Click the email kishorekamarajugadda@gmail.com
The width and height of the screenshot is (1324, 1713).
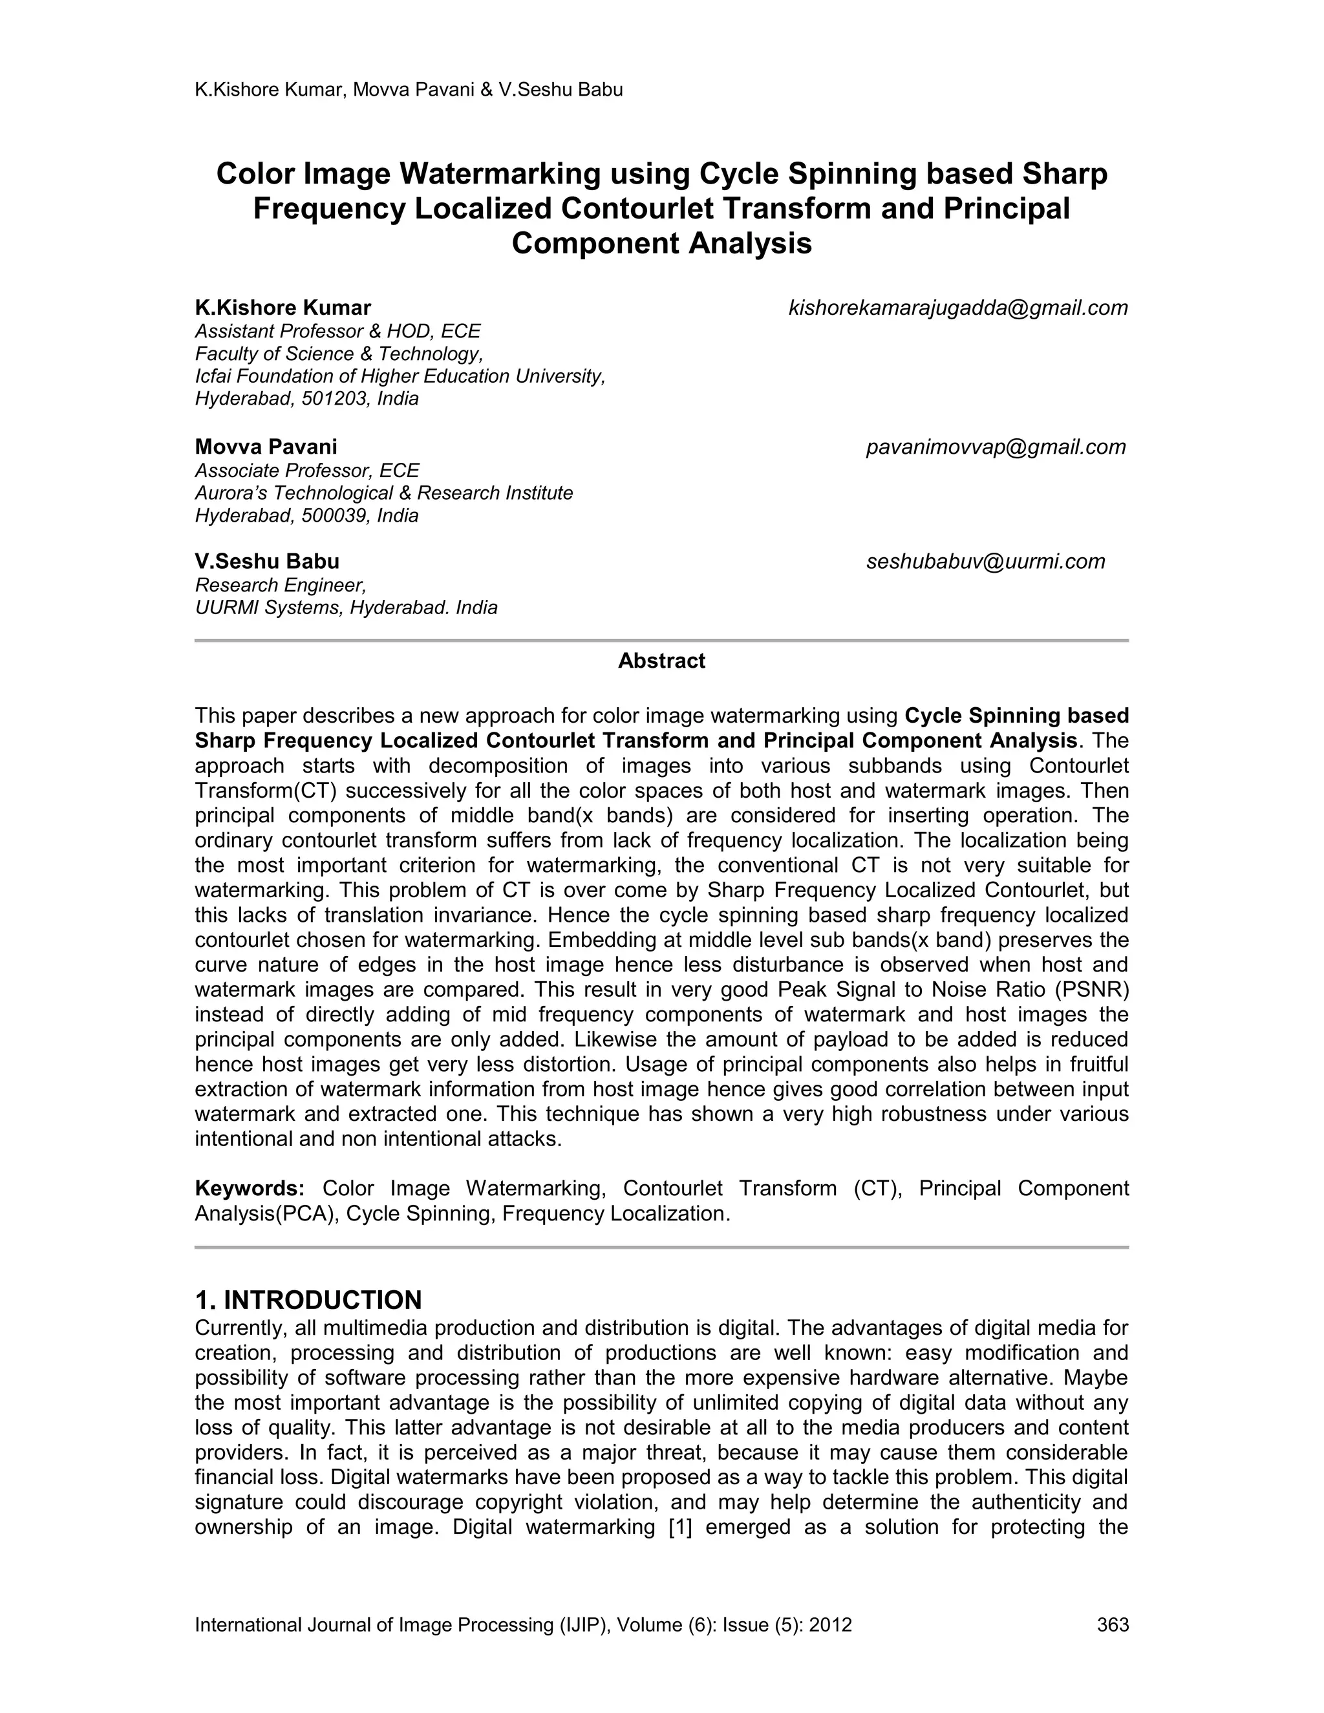point(957,308)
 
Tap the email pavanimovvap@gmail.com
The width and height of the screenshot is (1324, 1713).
point(996,447)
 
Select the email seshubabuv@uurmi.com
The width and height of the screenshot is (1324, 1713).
point(985,562)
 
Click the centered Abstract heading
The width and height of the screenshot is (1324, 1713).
point(661,661)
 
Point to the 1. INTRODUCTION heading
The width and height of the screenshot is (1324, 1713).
point(308,1301)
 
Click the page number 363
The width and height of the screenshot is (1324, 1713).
point(1112,1624)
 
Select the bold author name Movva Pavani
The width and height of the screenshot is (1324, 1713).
point(266,447)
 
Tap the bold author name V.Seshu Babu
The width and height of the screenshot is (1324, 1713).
point(267,562)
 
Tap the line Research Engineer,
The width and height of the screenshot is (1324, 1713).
point(281,585)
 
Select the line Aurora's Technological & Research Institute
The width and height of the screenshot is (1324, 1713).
point(383,493)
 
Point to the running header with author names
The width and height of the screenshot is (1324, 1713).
point(409,89)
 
